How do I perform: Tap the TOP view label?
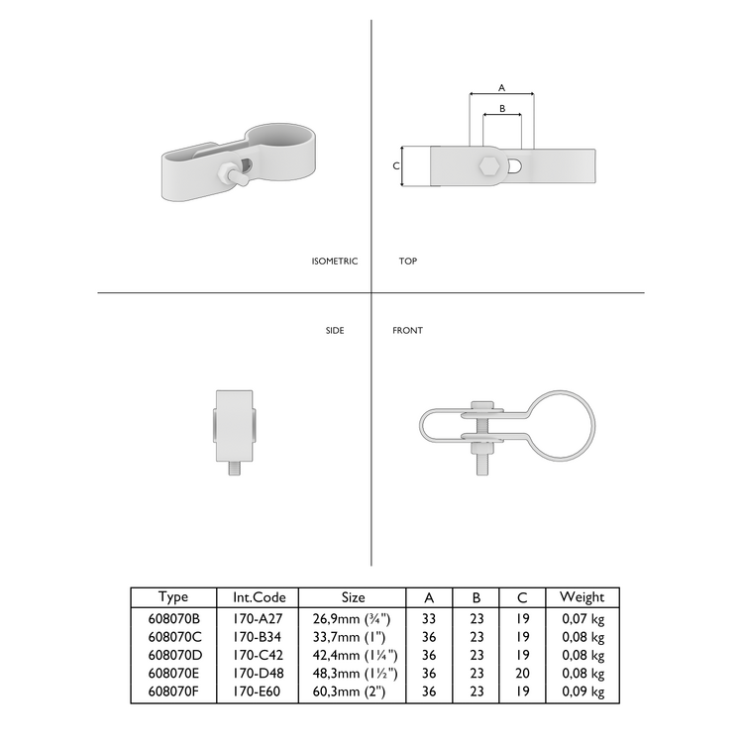(x=407, y=262)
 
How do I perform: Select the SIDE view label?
(x=335, y=330)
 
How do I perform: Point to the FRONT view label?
(x=407, y=330)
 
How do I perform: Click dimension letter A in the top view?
(x=501, y=86)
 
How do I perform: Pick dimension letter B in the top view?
(x=501, y=108)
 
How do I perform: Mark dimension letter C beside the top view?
(x=396, y=165)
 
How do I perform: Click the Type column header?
(x=173, y=596)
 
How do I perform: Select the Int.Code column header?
(x=259, y=596)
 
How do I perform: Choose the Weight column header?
(x=583, y=596)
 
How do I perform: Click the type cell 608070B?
(x=173, y=617)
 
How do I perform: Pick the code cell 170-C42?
(x=259, y=656)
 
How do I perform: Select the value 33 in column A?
(x=429, y=617)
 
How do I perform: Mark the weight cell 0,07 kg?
(x=583, y=617)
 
